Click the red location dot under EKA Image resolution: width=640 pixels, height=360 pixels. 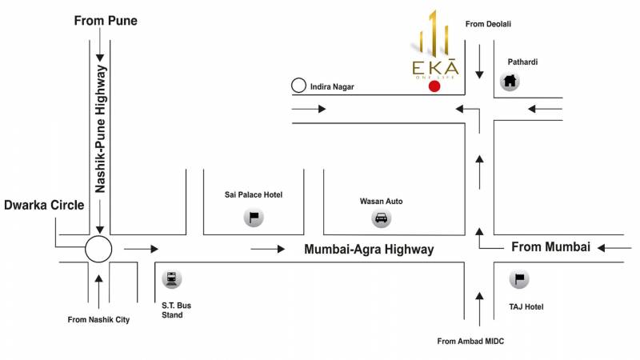coord(434,86)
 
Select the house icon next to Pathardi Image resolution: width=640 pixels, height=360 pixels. coord(510,80)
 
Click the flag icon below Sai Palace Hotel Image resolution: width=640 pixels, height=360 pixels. coord(254,217)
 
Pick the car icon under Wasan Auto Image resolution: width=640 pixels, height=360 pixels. coord(381,218)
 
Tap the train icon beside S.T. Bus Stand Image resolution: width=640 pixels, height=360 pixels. coord(170,279)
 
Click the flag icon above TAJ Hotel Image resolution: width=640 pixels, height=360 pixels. coord(519,279)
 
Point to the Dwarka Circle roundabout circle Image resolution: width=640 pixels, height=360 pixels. coord(98,249)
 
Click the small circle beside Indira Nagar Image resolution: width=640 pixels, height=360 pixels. coord(298,85)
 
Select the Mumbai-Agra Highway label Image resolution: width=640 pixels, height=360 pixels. coord(369,250)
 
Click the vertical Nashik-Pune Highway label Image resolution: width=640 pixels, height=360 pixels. coord(102,130)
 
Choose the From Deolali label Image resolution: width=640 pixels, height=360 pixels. coord(488,24)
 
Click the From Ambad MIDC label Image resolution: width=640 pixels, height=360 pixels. coord(470,342)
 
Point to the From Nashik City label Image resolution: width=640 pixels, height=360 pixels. coord(98,320)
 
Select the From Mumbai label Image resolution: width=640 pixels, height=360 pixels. coord(550,246)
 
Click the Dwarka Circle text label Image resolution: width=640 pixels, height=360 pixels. coord(44,205)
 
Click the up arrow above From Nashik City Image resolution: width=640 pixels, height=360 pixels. coord(98,288)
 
